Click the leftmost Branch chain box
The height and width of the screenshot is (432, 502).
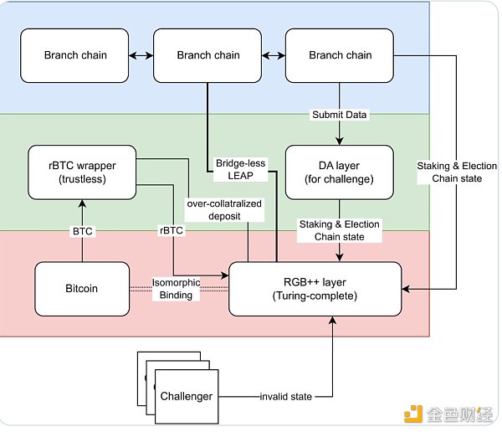(x=74, y=55)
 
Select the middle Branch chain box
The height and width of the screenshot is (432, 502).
(x=207, y=55)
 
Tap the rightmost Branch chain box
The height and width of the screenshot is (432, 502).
(x=340, y=55)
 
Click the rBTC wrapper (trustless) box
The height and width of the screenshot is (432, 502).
(x=83, y=172)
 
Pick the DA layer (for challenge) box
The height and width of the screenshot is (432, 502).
(x=339, y=171)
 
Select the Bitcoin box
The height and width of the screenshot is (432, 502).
(x=82, y=288)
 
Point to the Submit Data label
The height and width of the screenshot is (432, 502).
(x=339, y=115)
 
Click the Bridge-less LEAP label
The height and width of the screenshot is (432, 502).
(x=239, y=168)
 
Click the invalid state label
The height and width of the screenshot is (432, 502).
(x=285, y=396)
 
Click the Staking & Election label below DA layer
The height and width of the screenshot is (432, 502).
(x=339, y=229)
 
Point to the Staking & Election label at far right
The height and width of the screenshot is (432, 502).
(x=457, y=172)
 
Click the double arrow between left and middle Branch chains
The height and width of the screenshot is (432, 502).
(x=141, y=55)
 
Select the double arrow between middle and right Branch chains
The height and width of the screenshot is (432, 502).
(x=273, y=55)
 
